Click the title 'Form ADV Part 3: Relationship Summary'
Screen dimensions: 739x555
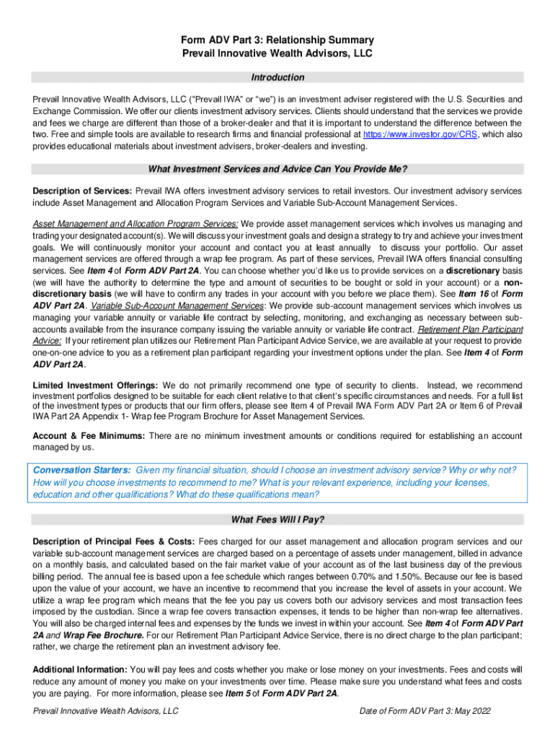coord(277,40)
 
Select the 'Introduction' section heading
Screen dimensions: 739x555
coord(277,77)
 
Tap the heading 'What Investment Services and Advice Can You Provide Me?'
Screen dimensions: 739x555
coord(277,170)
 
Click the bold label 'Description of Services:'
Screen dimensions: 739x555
coord(82,191)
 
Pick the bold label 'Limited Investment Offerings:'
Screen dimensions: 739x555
coord(96,385)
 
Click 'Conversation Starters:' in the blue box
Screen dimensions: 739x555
coord(82,469)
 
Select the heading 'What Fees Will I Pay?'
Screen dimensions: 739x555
coord(277,520)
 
